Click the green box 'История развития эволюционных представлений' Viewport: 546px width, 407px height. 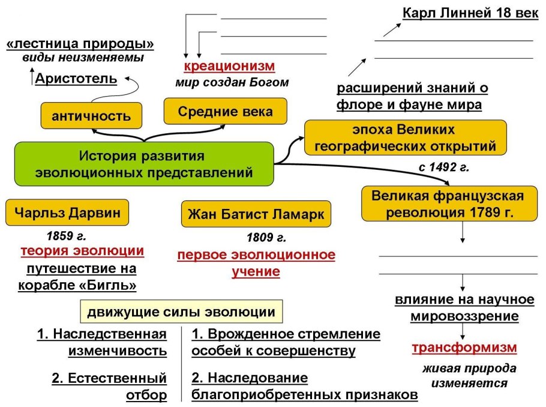coord(144,164)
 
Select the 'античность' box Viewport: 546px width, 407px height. coord(91,115)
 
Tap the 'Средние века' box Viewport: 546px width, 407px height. coord(226,111)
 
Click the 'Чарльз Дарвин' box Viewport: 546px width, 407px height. coord(67,212)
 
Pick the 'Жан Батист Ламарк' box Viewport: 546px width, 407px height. coord(256,214)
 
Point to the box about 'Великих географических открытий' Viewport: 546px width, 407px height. coord(405,137)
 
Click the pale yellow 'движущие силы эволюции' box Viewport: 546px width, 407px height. coord(181,312)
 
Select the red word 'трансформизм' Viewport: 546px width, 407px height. coord(464,348)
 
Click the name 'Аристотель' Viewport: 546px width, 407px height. coord(76,78)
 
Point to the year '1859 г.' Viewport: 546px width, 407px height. coord(67,236)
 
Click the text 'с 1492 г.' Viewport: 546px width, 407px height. coord(443,167)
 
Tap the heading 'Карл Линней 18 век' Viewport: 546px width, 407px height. coord(470,13)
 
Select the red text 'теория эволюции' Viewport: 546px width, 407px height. coord(82,251)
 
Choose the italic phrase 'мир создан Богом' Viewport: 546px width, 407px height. coord(232,82)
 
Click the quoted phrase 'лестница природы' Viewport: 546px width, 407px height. coord(80,44)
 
